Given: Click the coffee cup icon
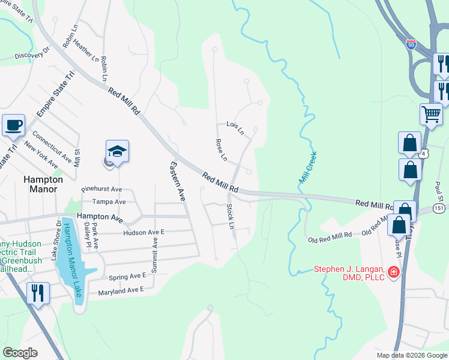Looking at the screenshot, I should click(x=13, y=125).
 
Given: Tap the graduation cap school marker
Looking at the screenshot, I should click(x=118, y=152).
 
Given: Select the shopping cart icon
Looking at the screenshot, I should click(x=432, y=114).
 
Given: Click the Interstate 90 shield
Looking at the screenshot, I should click(x=411, y=44).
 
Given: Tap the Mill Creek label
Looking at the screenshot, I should click(x=307, y=167).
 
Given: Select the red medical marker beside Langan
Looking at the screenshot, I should click(x=394, y=272).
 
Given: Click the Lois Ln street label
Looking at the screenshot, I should click(x=235, y=127).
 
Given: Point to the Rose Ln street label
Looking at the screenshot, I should click(x=221, y=149).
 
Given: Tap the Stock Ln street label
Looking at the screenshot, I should click(x=230, y=216).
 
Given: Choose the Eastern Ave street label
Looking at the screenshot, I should click(x=178, y=181).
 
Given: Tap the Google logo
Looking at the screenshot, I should click(x=20, y=353).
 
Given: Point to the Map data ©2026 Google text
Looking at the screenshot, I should click(x=411, y=355).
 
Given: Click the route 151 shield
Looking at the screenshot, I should click(x=439, y=208).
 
